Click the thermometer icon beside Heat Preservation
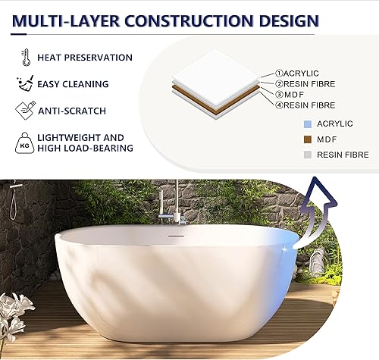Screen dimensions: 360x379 click(x=26, y=58)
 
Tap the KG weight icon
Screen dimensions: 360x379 click(x=26, y=142)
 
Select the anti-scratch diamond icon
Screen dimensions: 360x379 click(x=25, y=111)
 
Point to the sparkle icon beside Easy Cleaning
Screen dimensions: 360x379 click(x=25, y=84)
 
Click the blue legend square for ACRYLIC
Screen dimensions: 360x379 click(x=307, y=124)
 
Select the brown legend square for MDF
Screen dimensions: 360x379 click(x=307, y=139)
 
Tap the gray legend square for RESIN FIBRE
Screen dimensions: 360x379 click(x=307, y=155)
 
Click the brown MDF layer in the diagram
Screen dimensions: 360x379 click(x=216, y=100)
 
